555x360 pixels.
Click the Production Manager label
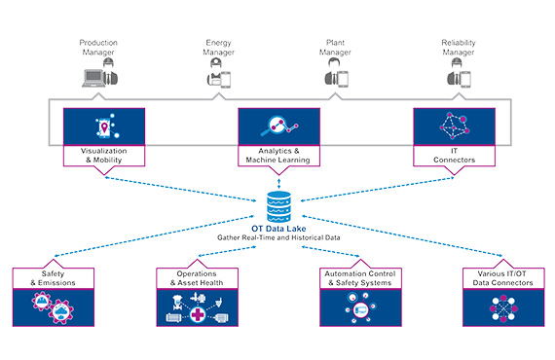click(98, 48)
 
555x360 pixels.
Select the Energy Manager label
click(218, 48)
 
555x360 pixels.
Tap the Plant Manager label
click(336, 48)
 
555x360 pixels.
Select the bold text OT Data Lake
click(278, 228)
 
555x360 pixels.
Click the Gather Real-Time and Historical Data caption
click(278, 237)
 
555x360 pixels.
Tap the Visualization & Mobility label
click(104, 156)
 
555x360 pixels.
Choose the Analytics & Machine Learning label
click(278, 156)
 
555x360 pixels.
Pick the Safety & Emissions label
click(54, 277)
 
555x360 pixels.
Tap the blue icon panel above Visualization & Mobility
click(104, 126)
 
